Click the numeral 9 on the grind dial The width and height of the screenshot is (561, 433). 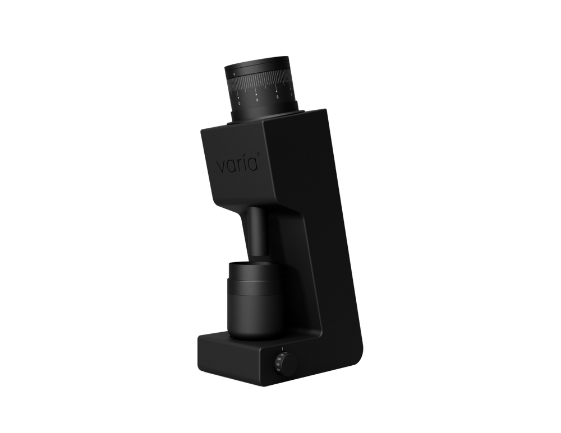tap(257, 101)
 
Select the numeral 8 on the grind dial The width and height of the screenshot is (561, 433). tap(277, 97)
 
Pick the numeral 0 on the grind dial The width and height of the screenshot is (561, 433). tap(240, 103)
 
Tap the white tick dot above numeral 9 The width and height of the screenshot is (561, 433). tap(256, 93)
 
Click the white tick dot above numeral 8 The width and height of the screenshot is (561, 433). tap(277, 90)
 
